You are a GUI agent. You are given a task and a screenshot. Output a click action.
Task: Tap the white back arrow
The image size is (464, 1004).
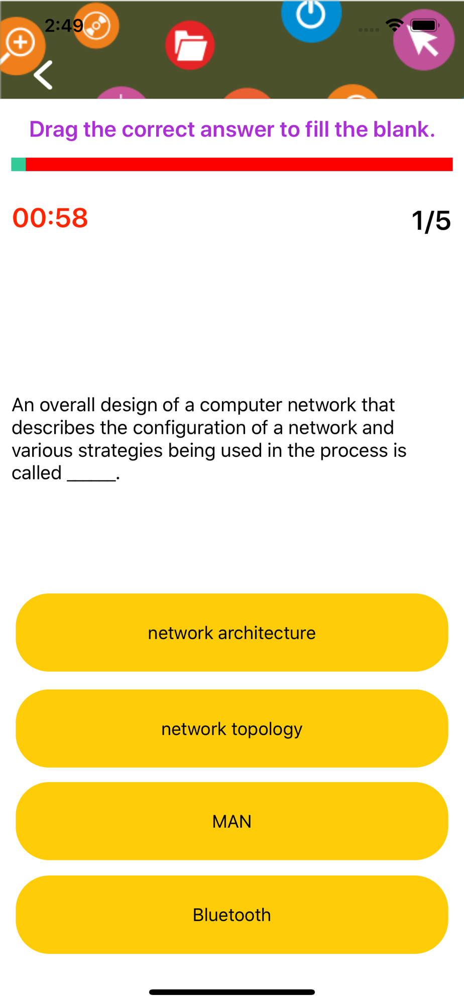[x=43, y=75]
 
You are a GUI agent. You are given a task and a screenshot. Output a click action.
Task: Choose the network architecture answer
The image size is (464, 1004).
[x=232, y=633]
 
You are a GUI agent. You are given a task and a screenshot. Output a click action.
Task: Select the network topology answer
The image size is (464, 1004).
[x=232, y=728]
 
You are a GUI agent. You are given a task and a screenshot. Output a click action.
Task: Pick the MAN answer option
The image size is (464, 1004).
[x=232, y=821]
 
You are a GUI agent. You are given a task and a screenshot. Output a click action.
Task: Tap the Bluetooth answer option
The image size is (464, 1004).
[x=232, y=915]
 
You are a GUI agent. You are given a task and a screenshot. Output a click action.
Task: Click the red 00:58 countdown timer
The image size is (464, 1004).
[x=50, y=218]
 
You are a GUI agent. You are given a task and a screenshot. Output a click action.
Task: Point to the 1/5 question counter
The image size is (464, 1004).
[x=431, y=220]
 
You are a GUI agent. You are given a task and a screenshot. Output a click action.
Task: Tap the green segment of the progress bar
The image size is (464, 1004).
[x=19, y=164]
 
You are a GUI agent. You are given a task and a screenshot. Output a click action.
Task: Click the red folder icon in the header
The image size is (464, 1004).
[x=190, y=45]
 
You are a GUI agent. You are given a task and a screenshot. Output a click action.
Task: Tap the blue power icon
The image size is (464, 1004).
[x=311, y=15]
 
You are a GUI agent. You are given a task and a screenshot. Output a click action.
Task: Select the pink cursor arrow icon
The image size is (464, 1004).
[x=424, y=40]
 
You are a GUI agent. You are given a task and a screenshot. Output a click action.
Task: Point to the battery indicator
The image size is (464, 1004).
[x=425, y=25]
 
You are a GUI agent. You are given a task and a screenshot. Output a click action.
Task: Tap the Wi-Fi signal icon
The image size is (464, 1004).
[x=395, y=25]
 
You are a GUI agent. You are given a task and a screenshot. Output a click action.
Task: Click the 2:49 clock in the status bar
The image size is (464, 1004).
[x=64, y=25]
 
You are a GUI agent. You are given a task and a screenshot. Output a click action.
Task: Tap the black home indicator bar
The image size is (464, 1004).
[x=232, y=992]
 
